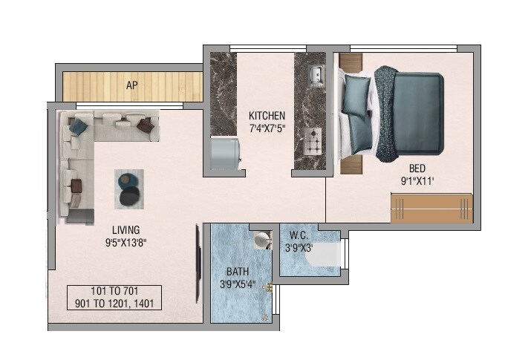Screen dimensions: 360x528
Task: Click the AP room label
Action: [132, 85]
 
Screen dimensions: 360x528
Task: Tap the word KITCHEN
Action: [267, 117]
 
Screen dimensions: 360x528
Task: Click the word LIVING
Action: [126, 229]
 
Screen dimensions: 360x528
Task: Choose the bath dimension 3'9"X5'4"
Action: [238, 284]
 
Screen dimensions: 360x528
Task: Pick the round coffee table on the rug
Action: [128, 189]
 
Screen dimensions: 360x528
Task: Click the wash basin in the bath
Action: [260, 242]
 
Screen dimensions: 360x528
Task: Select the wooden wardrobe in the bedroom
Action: [431, 208]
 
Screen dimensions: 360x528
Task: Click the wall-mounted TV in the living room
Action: [199, 255]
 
